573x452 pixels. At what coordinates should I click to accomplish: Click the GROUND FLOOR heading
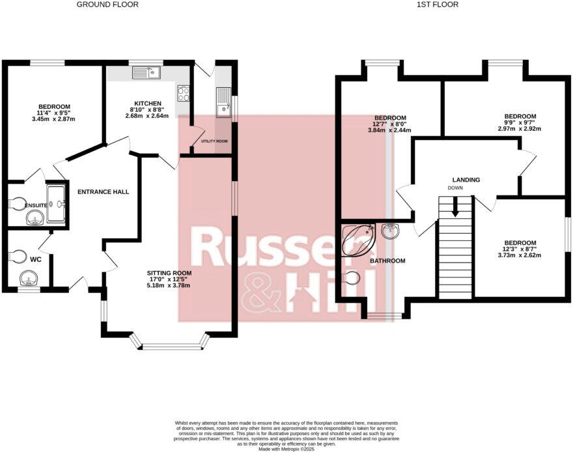[107, 5]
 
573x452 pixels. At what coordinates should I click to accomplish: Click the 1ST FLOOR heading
[438, 5]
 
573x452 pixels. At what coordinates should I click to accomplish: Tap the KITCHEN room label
[147, 104]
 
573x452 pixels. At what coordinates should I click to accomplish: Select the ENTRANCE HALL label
[103, 191]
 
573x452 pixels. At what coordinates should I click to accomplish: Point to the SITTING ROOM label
[169, 273]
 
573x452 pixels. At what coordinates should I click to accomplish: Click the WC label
[36, 259]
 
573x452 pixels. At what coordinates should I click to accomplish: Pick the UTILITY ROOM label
[214, 141]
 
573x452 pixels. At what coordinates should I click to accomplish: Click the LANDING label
[466, 180]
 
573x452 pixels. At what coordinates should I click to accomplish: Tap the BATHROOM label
[387, 261]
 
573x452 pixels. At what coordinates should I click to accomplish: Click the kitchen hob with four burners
[184, 94]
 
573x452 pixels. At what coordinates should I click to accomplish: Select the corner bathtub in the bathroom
[357, 238]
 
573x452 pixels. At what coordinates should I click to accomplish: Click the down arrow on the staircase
[455, 208]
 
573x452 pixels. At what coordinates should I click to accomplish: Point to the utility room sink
[223, 102]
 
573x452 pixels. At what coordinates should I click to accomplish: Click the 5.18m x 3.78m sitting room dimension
[169, 285]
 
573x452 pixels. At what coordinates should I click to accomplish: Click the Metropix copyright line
[286, 449]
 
